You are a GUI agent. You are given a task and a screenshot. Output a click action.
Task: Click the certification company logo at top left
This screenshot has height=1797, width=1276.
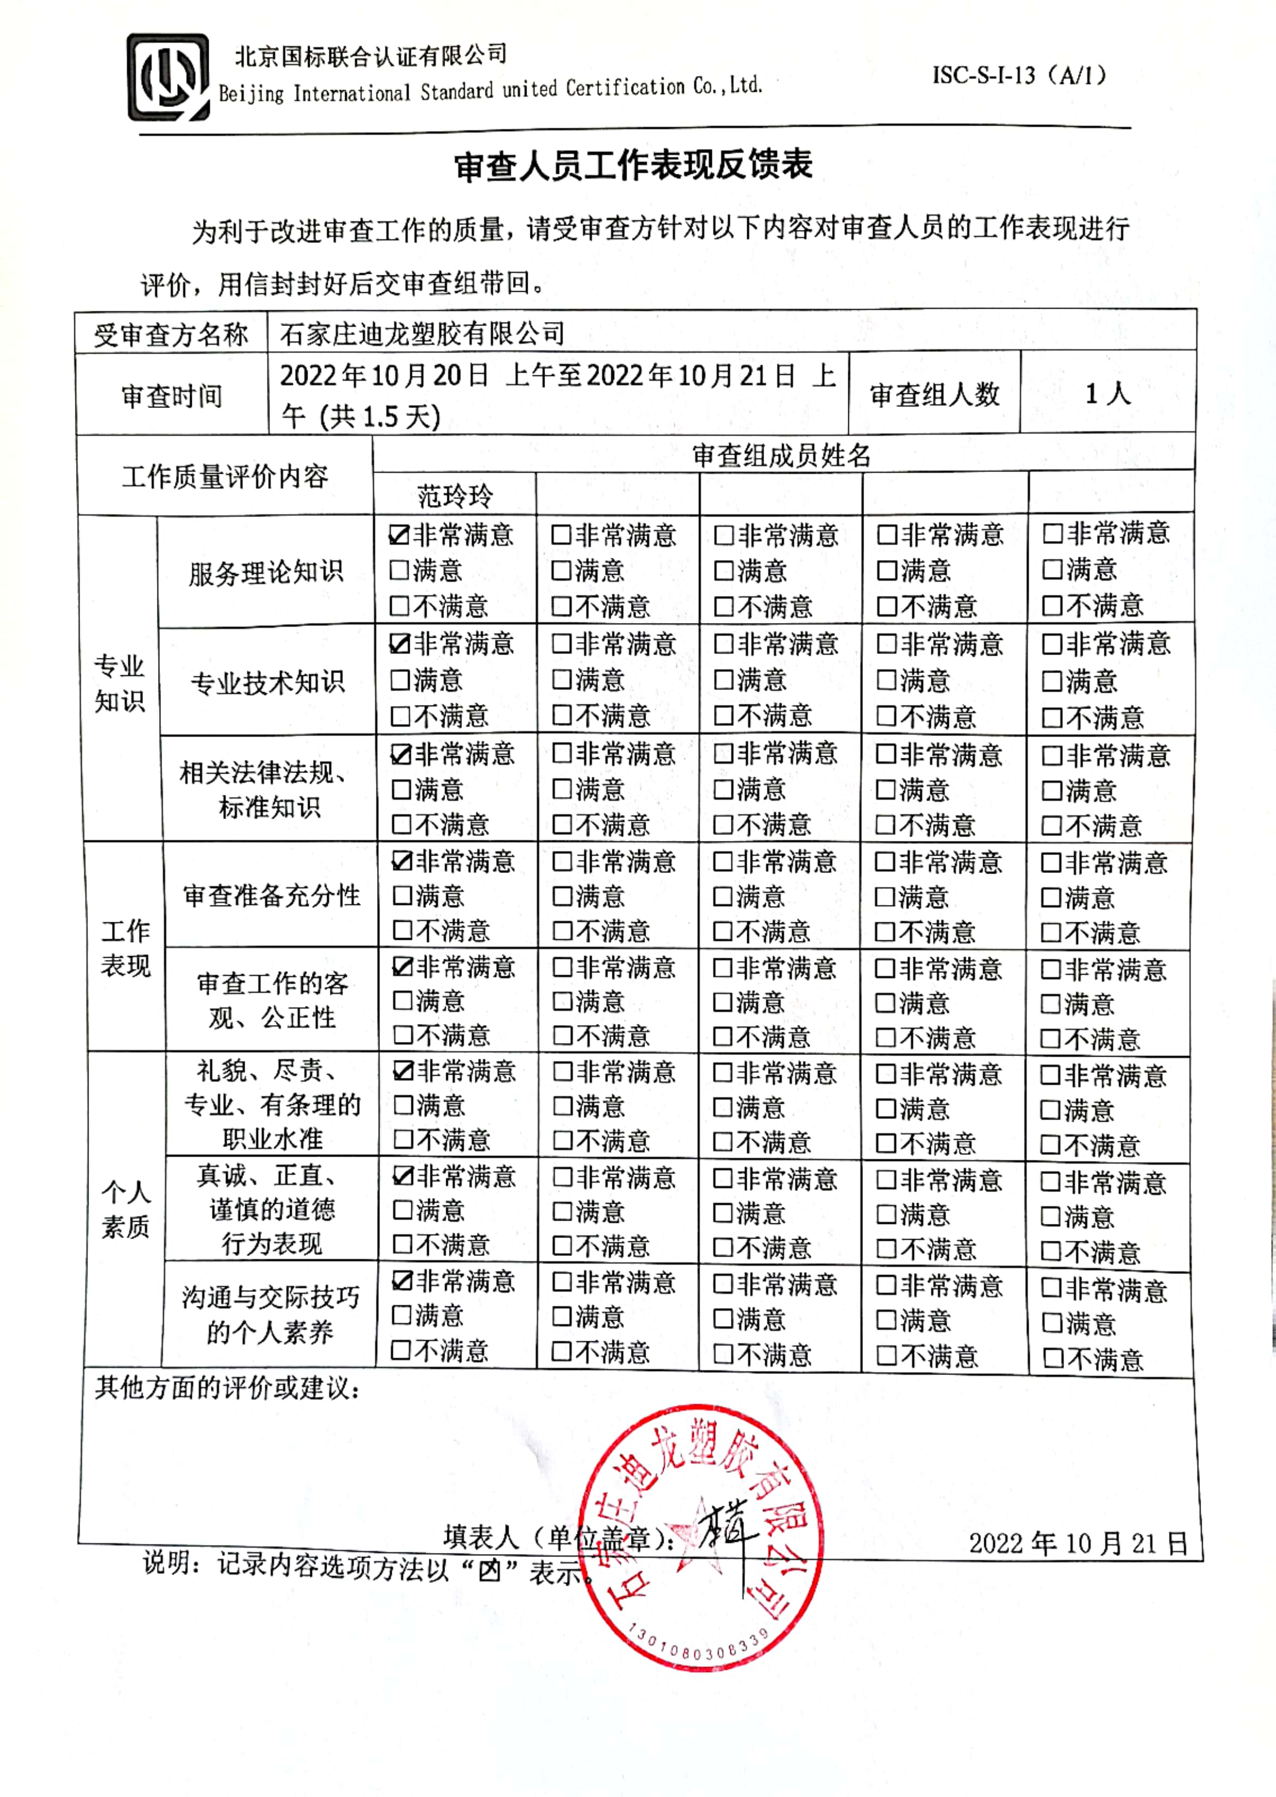click(x=168, y=77)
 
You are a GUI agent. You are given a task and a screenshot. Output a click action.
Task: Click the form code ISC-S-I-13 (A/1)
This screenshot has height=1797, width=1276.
click(x=1019, y=76)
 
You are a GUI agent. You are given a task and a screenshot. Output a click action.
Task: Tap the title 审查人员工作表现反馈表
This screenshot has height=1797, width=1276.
click(x=633, y=166)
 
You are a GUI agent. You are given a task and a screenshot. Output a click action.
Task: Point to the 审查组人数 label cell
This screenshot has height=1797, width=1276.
click(x=934, y=394)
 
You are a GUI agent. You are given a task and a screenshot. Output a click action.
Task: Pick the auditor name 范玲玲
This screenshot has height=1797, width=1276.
click(x=455, y=495)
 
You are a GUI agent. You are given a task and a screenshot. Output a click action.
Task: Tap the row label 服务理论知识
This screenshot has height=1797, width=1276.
click(x=266, y=572)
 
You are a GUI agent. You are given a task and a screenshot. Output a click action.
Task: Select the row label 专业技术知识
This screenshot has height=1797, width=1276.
click(x=267, y=682)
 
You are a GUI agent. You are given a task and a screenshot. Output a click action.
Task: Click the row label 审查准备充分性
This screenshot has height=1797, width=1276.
click(x=271, y=895)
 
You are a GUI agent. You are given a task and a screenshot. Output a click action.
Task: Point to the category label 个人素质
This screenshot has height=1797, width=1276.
click(x=125, y=1210)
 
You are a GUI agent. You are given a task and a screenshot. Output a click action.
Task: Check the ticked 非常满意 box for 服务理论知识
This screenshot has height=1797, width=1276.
click(x=400, y=536)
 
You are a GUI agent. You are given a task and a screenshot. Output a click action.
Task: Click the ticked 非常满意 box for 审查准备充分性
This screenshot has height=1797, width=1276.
click(x=402, y=862)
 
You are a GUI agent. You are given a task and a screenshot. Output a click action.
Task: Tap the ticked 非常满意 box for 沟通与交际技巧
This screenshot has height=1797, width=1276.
click(x=402, y=1281)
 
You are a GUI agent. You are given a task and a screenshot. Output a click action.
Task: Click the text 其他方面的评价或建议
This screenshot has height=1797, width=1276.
click(x=228, y=1388)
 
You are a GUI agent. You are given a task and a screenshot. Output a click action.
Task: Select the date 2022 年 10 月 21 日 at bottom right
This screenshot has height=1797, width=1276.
click(x=1077, y=1543)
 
